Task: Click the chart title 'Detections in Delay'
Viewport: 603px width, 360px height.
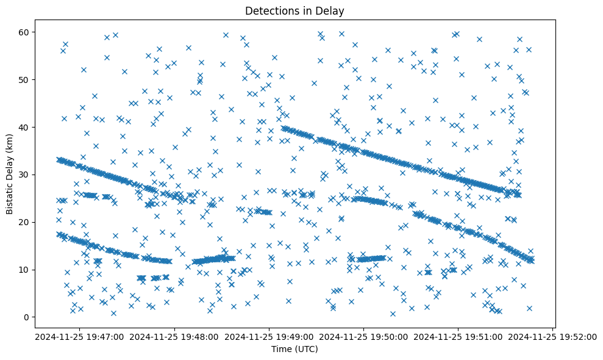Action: [x=294, y=10]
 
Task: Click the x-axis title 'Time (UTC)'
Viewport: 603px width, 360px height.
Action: [x=294, y=350]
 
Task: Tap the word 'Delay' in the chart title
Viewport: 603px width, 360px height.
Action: [x=332, y=10]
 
